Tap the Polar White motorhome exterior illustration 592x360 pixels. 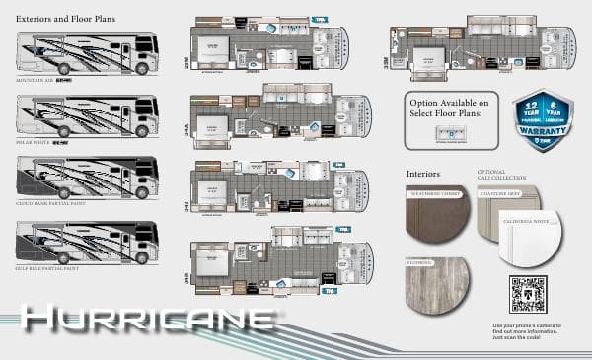(x=87, y=117)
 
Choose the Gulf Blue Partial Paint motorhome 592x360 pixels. (x=87, y=243)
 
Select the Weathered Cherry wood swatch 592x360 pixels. (x=438, y=215)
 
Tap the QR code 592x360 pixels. (x=528, y=295)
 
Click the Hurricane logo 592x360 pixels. (x=148, y=319)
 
